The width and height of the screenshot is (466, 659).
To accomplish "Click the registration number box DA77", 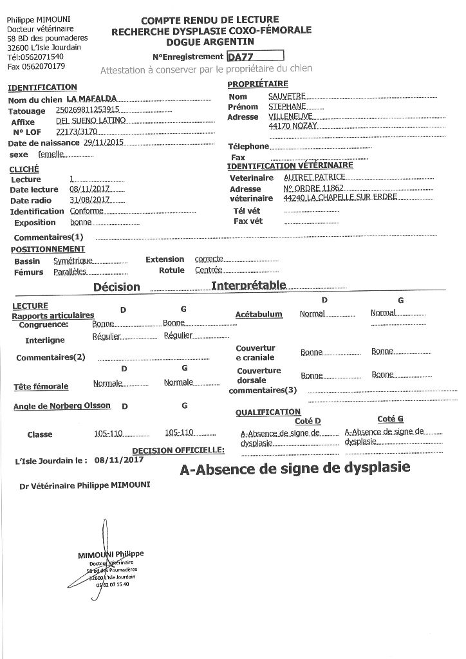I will [x=255, y=56].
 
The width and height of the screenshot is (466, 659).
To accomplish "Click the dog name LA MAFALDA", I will [x=92, y=98].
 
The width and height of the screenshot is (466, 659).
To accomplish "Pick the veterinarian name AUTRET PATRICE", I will [x=314, y=177].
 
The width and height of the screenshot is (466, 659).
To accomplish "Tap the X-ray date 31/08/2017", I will [x=86, y=200].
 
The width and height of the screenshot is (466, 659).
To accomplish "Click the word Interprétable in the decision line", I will [x=248, y=285].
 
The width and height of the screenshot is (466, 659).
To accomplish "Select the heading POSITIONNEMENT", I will [x=48, y=249].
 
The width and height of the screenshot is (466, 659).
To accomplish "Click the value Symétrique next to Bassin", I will [x=73, y=261].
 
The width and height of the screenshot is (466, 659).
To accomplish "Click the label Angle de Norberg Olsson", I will [x=62, y=406].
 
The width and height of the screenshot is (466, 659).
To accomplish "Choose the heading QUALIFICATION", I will [x=268, y=412].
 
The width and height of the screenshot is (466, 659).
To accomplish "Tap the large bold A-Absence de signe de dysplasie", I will [x=295, y=470].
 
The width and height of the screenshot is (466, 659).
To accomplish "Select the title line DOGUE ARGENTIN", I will [x=210, y=41].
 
